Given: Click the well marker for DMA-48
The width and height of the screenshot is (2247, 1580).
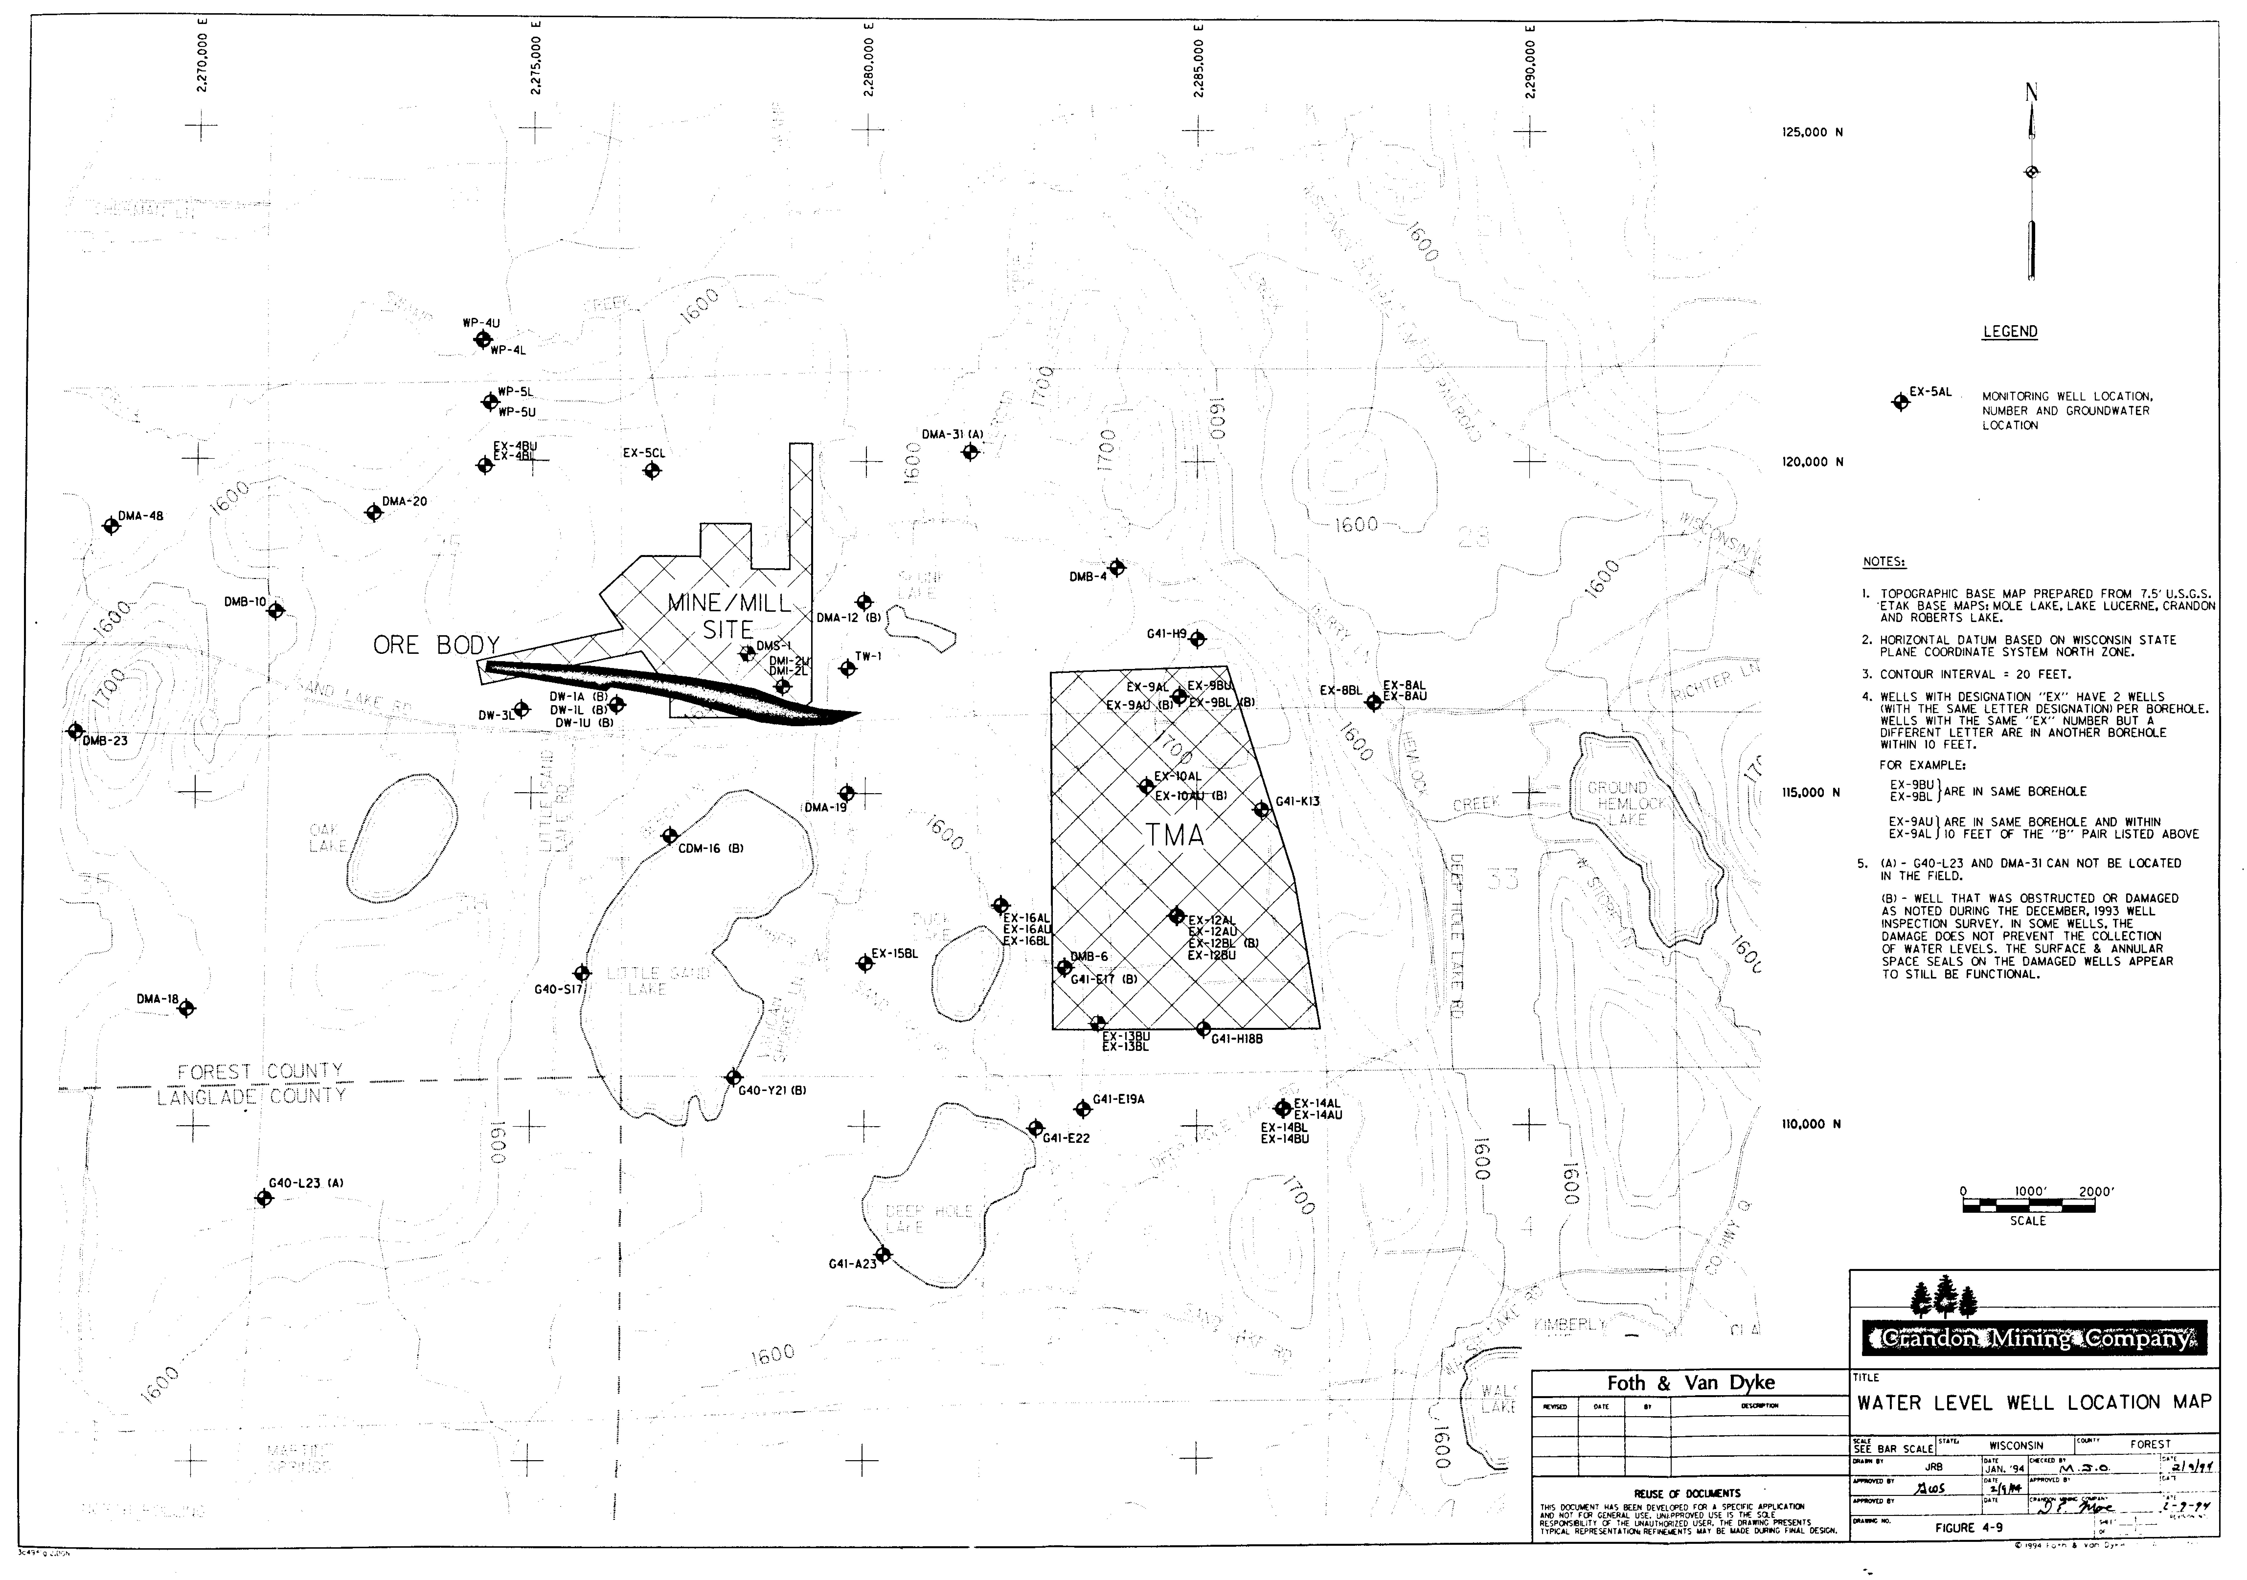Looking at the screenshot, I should pyautogui.click(x=112, y=525).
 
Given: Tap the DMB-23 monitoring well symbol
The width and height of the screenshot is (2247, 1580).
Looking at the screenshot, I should pyautogui.click(x=75, y=730).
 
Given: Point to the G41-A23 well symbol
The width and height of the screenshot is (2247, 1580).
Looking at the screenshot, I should pyautogui.click(x=883, y=1254).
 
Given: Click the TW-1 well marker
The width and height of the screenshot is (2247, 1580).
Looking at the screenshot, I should pyautogui.click(x=848, y=668).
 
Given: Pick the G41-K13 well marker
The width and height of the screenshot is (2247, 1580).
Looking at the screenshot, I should pyautogui.click(x=1261, y=809).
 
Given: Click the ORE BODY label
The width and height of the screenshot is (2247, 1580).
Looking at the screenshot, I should pyautogui.click(x=436, y=645).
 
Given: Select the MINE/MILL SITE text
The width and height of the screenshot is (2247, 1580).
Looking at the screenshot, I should pyautogui.click(x=728, y=616).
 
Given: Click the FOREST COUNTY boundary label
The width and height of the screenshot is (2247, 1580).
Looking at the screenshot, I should pyautogui.click(x=260, y=1071).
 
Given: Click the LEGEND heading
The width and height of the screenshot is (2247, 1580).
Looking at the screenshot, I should pyautogui.click(x=2009, y=332).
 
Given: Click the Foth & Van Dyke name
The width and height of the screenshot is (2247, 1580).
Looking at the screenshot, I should pyautogui.click(x=1690, y=1382).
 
